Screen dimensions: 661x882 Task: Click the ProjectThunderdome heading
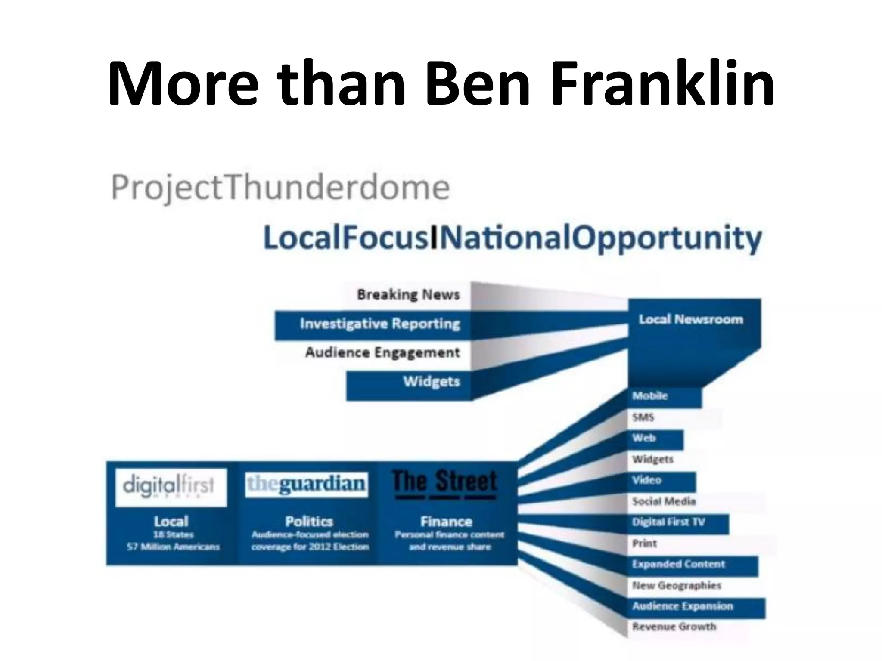tap(280, 188)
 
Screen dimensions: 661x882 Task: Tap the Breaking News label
tap(408, 295)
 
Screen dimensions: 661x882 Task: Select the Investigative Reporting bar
tap(379, 324)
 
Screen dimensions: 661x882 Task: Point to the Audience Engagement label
tap(382, 353)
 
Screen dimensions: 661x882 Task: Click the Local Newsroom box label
tap(691, 319)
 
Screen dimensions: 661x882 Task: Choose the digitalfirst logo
tap(171, 487)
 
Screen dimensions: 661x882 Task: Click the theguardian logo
tap(306, 485)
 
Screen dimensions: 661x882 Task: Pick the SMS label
tap(643, 417)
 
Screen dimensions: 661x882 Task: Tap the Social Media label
tap(664, 501)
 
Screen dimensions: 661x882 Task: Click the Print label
tap(644, 544)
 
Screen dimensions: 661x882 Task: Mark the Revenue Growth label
tap(674, 627)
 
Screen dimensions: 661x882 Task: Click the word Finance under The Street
tap(446, 522)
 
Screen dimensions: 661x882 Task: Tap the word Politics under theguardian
tap(309, 522)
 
